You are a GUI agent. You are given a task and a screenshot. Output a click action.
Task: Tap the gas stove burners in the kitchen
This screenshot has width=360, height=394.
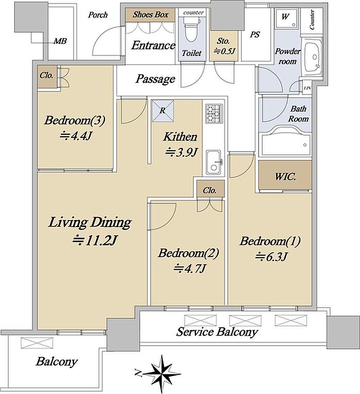pos(214,114)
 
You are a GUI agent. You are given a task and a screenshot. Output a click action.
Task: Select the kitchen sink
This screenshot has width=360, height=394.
pos(214,162)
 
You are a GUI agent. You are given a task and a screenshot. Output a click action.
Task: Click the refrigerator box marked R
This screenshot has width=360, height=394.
pos(163,111)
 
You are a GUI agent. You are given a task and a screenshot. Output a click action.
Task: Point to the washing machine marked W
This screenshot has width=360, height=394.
pos(286,18)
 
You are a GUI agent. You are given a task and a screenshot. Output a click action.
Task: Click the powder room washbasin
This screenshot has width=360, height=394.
pos(313,59)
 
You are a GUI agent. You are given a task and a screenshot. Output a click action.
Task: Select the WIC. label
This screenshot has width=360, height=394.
pos(285,177)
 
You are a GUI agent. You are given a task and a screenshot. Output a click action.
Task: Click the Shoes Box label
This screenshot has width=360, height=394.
pos(151,14)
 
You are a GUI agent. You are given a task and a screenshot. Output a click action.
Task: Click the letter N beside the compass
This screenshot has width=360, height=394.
pos(138,372)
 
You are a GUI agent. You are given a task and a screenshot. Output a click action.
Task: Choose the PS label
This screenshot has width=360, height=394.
pos(255,34)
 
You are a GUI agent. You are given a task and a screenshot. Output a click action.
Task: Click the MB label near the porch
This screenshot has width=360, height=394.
pos(60,41)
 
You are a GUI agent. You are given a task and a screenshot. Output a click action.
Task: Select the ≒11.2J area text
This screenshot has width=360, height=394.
pos(95,241)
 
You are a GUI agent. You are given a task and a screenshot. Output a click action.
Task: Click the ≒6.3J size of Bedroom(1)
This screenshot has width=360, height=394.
pos(271,257)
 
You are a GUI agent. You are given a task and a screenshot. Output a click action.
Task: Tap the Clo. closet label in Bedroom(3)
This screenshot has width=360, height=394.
pos(46,75)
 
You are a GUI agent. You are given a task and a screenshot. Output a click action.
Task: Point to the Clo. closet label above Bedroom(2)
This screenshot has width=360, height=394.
pos(210,190)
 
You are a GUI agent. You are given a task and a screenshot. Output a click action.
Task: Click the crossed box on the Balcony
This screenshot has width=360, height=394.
pos(37,343)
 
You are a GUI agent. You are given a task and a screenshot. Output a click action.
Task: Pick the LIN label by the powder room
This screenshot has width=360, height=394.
pos(308,88)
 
